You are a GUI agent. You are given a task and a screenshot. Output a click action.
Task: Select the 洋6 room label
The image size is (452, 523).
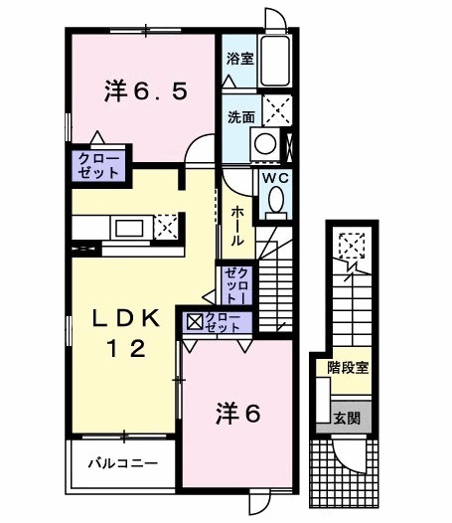pyautogui.click(x=236, y=413)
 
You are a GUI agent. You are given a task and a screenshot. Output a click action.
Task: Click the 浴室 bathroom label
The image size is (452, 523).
pyautogui.click(x=239, y=58)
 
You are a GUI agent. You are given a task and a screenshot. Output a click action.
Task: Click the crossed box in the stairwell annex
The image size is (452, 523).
pyautogui.click(x=350, y=244)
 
